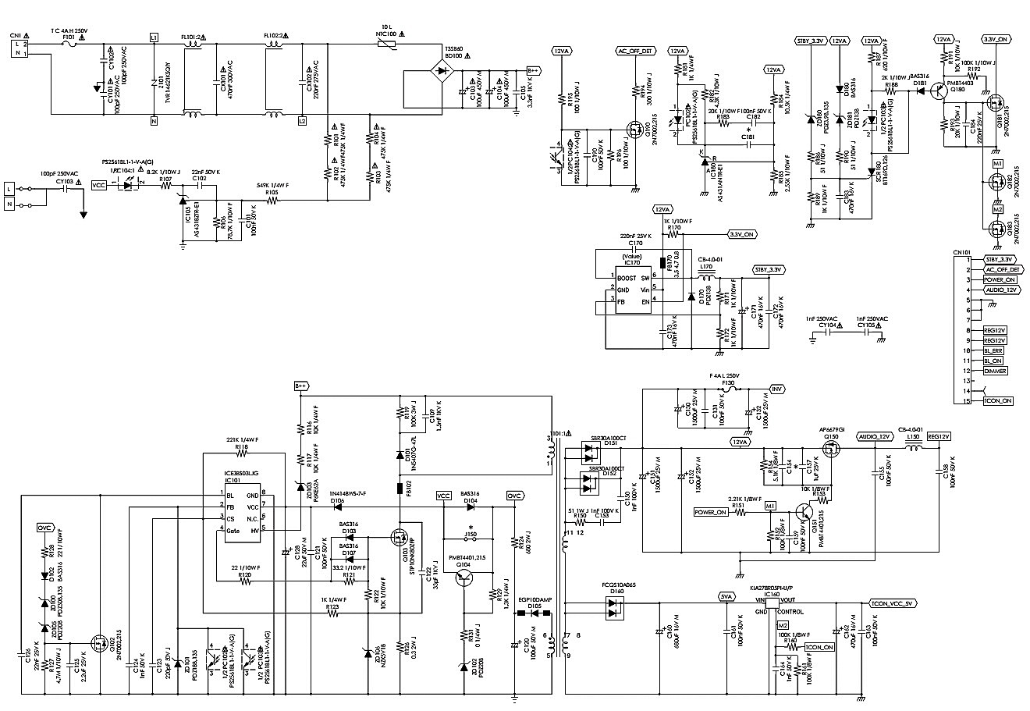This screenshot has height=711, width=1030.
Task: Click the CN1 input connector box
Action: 20,48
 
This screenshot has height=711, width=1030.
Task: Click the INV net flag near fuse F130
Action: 776,389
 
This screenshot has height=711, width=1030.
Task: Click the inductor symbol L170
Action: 708,277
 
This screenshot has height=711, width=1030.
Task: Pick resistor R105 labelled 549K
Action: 272,201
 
